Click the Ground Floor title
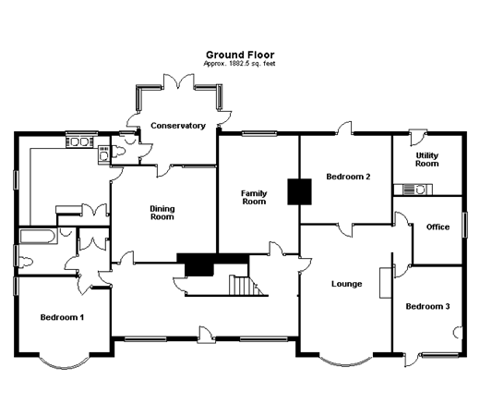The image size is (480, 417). coord(240,55)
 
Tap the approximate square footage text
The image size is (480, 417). coord(239,64)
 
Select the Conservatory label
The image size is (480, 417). coord(178,126)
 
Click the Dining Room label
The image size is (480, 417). coord(162,213)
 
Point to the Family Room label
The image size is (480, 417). coord(254,197)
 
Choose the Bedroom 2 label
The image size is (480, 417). coord(348,177)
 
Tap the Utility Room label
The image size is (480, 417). coord(427,159)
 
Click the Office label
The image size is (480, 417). coord(438,227)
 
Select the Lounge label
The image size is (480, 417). coord(346,284)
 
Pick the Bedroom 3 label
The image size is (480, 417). coord(427,306)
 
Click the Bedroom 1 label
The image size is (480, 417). coord(62,317)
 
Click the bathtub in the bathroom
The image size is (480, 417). coord(38,237)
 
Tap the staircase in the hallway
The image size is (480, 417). coord(246,285)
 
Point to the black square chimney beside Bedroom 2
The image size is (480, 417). coord(299,191)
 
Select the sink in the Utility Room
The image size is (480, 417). coord(414,190)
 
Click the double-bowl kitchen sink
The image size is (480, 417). coord(80,142)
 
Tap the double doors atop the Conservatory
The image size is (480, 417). coord(178,81)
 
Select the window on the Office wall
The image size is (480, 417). coord(465,225)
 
